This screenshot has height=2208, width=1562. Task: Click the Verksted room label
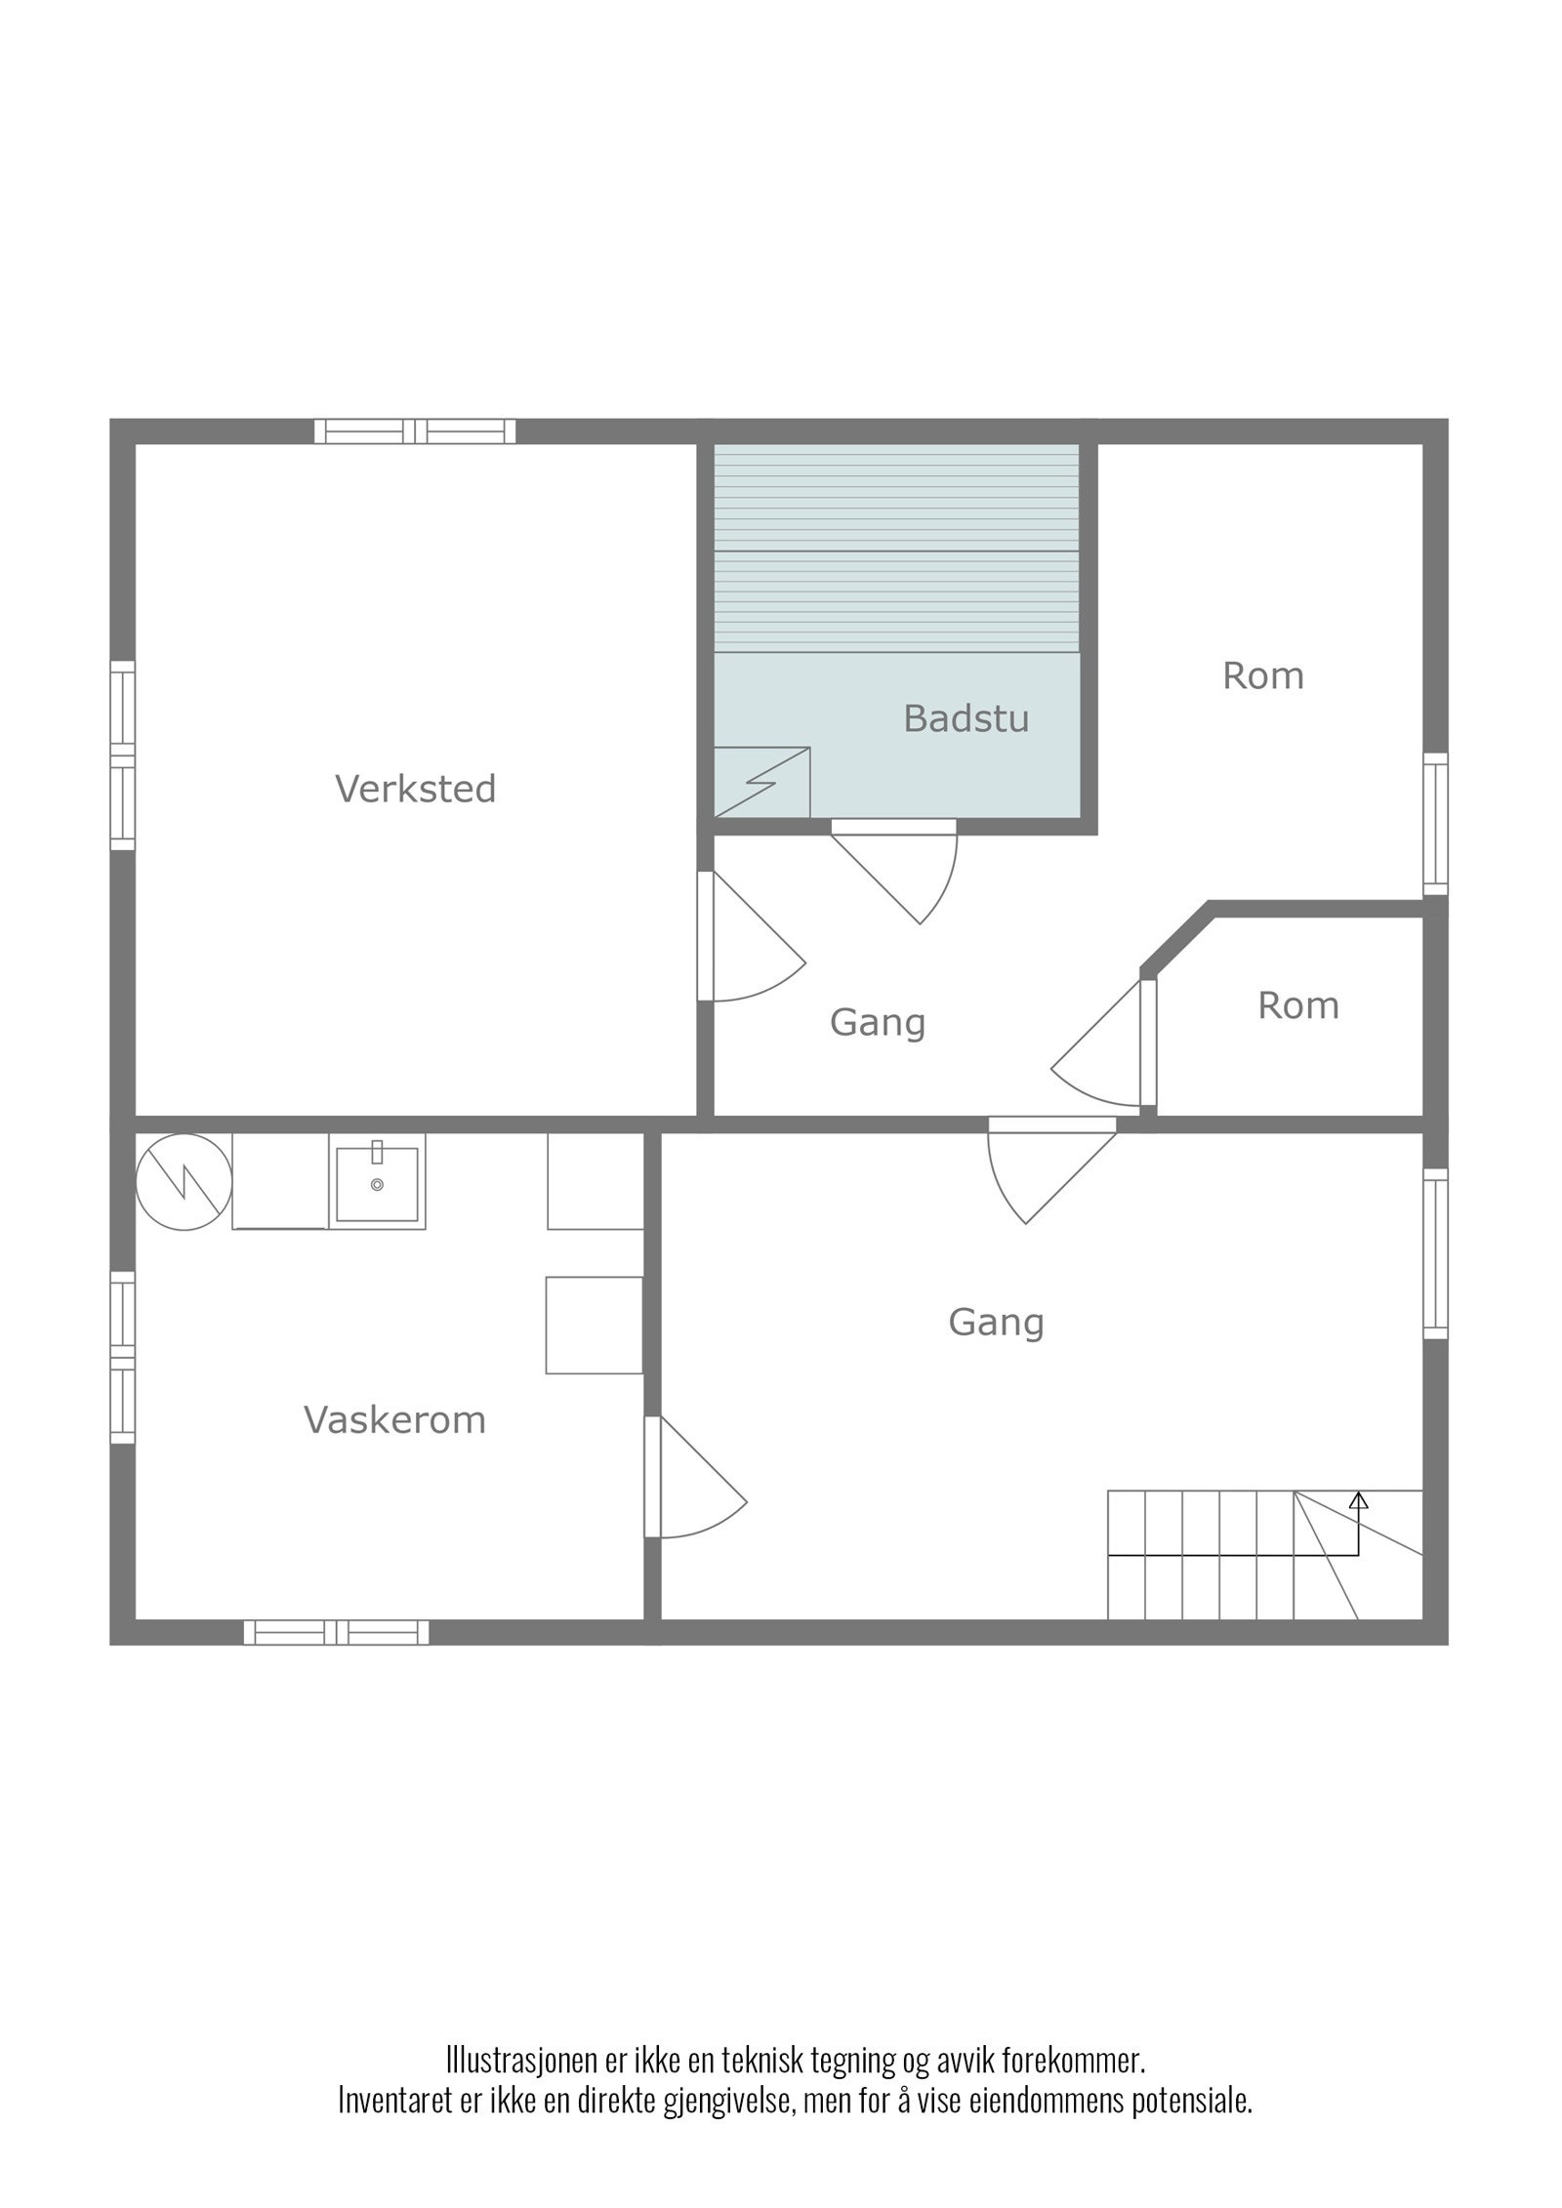(x=416, y=789)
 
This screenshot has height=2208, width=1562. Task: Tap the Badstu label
(x=966, y=718)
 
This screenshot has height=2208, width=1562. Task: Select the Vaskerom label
(x=394, y=1419)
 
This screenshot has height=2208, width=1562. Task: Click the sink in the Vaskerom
(x=377, y=1184)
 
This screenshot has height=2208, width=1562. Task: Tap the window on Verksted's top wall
(x=415, y=431)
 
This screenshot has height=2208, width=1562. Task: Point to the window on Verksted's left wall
(x=122, y=755)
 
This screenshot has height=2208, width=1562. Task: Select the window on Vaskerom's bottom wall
(x=336, y=1632)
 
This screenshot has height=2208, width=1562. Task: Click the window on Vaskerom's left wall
(x=122, y=1357)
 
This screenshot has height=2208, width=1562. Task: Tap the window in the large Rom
(x=1435, y=824)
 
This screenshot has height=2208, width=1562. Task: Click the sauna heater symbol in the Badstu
(x=761, y=782)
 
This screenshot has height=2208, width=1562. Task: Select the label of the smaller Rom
(x=1297, y=1005)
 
